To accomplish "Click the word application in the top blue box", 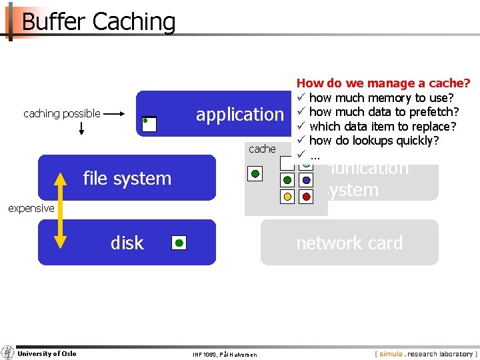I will [x=239, y=115].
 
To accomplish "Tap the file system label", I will [x=127, y=178].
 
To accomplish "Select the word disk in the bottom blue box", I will [x=127, y=243].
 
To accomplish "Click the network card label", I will [x=349, y=243].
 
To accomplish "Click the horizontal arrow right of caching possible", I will [x=115, y=114].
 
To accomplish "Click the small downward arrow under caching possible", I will [x=81, y=128].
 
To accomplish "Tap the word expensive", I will [x=31, y=209].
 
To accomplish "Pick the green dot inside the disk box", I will [x=179, y=243].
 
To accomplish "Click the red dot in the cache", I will [x=306, y=197].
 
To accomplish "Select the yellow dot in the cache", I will [x=287, y=197].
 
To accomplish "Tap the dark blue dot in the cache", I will [x=306, y=180].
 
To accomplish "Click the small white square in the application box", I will [x=149, y=124].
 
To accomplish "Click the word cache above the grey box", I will [x=261, y=149].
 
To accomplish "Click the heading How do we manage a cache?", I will [x=383, y=83].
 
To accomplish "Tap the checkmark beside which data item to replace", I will [x=301, y=126].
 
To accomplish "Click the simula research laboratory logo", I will [x=425, y=353].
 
